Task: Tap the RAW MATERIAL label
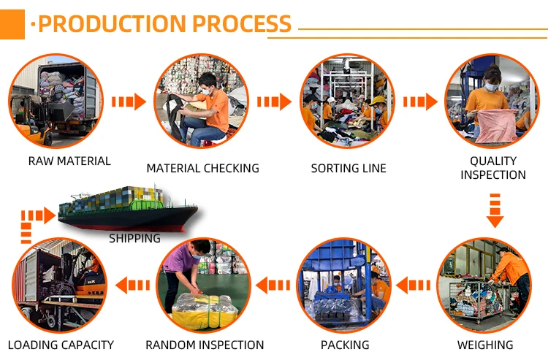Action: [69, 161]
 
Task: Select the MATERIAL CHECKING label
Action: [202, 168]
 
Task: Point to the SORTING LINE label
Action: [349, 168]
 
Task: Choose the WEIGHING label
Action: [485, 345]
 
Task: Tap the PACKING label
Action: [345, 345]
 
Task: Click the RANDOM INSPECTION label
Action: [205, 345]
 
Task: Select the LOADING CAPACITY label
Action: [61, 345]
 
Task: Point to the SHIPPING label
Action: [134, 238]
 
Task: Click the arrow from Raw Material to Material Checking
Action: [131, 102]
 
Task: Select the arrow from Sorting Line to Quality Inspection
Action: [421, 102]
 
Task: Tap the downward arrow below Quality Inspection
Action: [495, 210]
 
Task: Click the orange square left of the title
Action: [12, 23]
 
